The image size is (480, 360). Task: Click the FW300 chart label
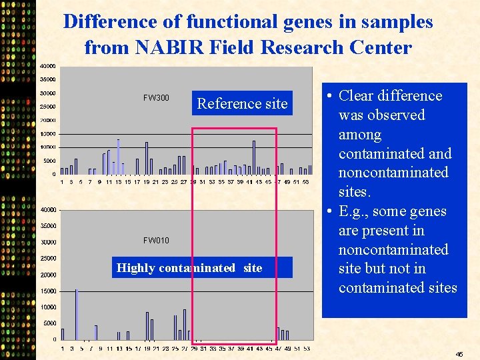pyautogui.click(x=156, y=98)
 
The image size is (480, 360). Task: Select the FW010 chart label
pyautogui.click(x=156, y=240)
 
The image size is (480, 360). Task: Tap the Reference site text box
pyautogui.click(x=242, y=103)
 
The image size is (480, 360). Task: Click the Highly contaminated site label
pyautogui.click(x=189, y=268)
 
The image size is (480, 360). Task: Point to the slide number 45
pyautogui.click(x=459, y=354)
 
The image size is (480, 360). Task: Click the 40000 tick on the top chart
pyautogui.click(x=47, y=66)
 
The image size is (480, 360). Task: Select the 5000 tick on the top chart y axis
pyautogui.click(x=49, y=161)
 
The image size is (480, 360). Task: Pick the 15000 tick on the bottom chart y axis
pyautogui.click(x=47, y=291)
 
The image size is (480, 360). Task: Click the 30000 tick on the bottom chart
pyautogui.click(x=47, y=242)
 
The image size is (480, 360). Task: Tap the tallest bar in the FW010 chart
pyautogui.click(x=77, y=313)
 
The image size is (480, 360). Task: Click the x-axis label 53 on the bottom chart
pyautogui.click(x=306, y=348)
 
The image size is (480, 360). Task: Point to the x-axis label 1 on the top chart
pyautogui.click(x=63, y=181)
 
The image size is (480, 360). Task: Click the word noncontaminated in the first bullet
pyautogui.click(x=393, y=173)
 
